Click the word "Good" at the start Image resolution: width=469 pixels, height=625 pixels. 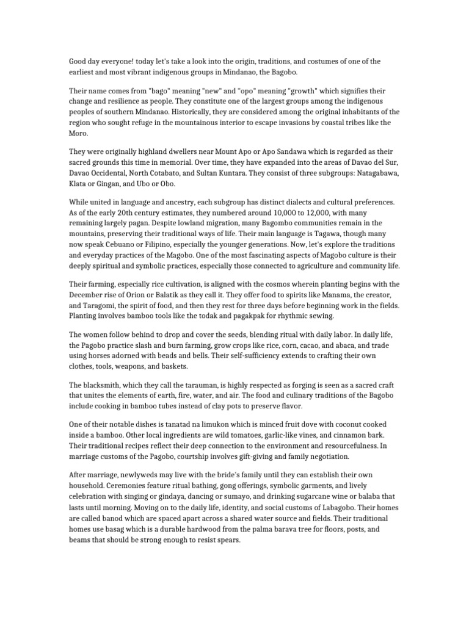pyautogui.click(x=79, y=61)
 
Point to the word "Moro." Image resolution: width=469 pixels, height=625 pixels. pyautogui.click(x=79, y=132)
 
